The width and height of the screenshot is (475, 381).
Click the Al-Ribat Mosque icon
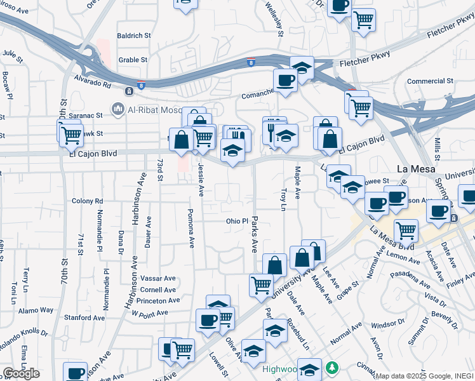pos(117,110)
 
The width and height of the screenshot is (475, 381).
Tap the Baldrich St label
pos(133,36)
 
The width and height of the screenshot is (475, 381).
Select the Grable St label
pos(133,60)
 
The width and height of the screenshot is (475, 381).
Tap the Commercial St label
pos(430,81)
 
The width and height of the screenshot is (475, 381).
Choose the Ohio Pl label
pos(237,222)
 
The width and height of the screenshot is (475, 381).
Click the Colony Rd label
pos(87,201)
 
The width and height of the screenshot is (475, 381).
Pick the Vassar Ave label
pos(158,278)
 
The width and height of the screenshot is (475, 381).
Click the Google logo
pos(21,373)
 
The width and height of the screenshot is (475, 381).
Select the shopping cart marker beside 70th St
pos(72,134)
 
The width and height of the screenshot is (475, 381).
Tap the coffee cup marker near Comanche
pos(284,80)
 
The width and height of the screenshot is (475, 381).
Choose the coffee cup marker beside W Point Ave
pos(207,319)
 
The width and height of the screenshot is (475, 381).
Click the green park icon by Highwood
pos(331,367)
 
